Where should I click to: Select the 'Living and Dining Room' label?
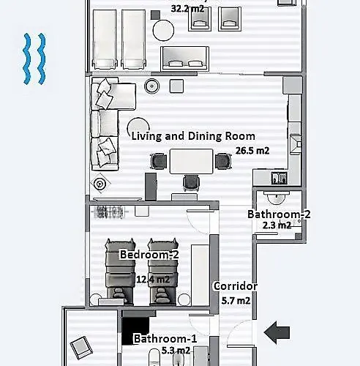click(193, 135)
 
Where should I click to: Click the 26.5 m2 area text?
click(252, 151)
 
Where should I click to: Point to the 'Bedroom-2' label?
click(149, 255)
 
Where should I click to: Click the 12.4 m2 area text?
click(153, 279)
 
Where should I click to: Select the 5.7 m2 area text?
click(236, 301)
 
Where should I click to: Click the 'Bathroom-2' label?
click(278, 214)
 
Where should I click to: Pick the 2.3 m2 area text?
click(277, 225)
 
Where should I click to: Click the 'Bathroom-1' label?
click(165, 338)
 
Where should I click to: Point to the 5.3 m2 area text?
click(175, 351)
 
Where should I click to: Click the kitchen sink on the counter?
click(278, 177)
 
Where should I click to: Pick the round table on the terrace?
click(162, 29)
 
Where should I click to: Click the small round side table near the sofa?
click(153, 86)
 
